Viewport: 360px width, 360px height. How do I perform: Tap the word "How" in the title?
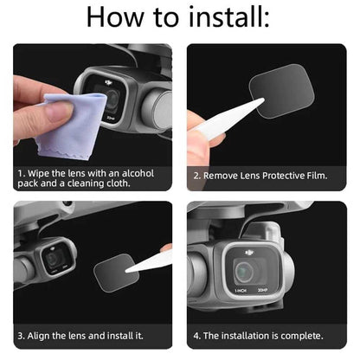point(115,17)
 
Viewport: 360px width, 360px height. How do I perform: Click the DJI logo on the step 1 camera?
point(108,83)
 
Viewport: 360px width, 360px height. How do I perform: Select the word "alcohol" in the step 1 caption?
point(138,173)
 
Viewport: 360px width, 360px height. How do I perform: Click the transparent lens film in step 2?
point(281,91)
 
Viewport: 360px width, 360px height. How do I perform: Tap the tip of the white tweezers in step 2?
point(263,99)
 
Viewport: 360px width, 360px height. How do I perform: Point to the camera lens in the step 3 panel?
point(54,260)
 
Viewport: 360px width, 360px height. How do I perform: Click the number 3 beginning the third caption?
point(21,336)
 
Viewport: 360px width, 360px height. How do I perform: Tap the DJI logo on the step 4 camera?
point(249,254)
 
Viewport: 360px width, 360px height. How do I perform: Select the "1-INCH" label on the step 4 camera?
point(241,291)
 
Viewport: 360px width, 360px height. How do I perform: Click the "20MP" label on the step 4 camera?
point(262,290)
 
